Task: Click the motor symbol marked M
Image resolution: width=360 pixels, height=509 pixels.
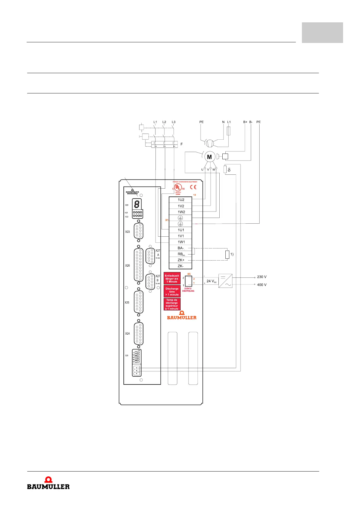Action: pos(209,157)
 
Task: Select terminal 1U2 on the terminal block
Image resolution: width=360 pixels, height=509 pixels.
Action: pos(181,200)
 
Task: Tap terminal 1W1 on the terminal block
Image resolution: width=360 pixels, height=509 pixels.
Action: pos(181,242)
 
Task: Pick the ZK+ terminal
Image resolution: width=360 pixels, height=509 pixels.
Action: pos(181,260)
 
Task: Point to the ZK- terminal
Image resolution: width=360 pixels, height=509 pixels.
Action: pos(181,266)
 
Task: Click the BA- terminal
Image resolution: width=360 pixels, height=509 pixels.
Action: pos(181,248)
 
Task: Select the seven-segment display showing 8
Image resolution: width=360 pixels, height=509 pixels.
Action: pos(137,204)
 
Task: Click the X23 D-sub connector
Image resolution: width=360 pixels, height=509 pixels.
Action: pos(139,231)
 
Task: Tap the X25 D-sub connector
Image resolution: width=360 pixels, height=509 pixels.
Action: pos(139,302)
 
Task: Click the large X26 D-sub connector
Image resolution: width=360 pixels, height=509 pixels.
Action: pos(139,265)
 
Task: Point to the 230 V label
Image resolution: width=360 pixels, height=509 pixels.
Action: pos(262,277)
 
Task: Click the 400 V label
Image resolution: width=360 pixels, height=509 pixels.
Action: pos(262,285)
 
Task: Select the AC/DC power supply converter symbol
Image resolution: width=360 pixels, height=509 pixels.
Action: pos(225,281)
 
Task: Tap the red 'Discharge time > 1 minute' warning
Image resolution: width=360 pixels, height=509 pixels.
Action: pos(172,292)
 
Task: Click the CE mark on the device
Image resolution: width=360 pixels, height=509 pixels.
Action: pos(193,187)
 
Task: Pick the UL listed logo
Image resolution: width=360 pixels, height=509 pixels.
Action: pos(178,188)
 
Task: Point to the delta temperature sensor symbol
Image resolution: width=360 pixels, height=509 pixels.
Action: pos(225,170)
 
